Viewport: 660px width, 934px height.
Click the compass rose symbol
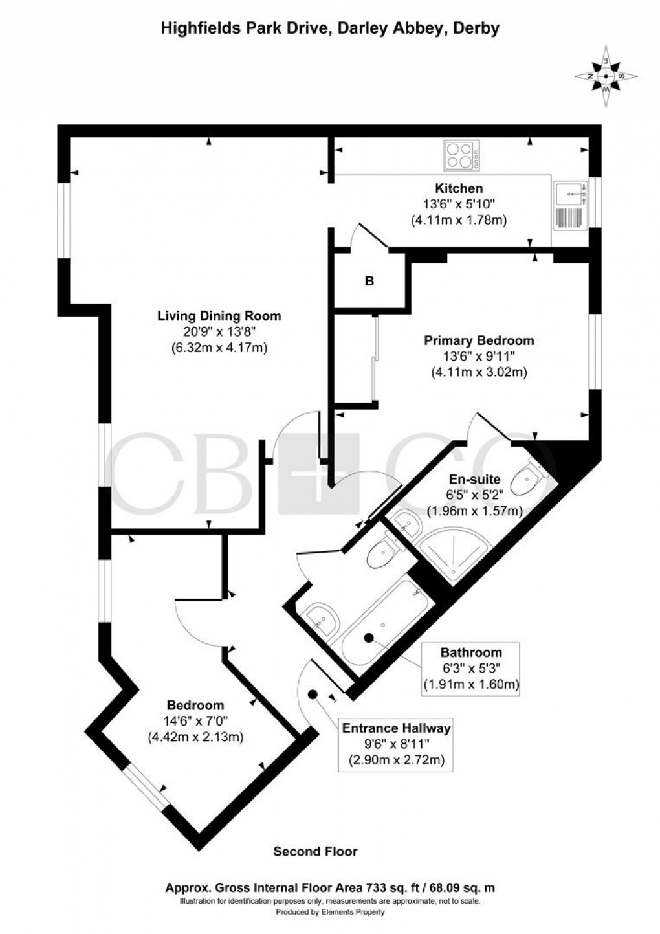(606, 76)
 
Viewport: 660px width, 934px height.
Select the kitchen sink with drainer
(570, 205)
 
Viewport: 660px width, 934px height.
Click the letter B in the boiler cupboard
(369, 282)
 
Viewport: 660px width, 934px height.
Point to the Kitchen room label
(459, 189)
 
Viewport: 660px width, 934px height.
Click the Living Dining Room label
(219, 317)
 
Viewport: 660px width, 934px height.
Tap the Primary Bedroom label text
(479, 340)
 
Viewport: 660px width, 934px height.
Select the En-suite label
(474, 480)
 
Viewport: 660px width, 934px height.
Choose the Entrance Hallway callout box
(396, 744)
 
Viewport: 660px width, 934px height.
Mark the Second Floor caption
(315, 852)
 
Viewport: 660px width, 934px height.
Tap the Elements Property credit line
(330, 912)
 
